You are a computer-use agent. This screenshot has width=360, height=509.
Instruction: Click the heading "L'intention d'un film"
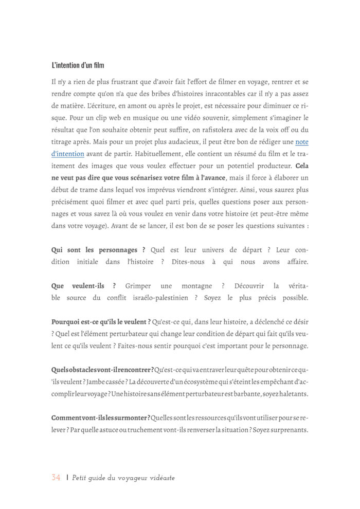click(x=78, y=65)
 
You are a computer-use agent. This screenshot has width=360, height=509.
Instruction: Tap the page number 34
click(x=56, y=478)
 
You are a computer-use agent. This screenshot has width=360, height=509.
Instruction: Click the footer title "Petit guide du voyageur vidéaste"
click(x=123, y=478)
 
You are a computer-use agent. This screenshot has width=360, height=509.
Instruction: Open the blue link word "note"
click(x=302, y=141)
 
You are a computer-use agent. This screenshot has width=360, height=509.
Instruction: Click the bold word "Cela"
click(x=299, y=166)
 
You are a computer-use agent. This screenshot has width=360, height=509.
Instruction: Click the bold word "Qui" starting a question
click(x=58, y=250)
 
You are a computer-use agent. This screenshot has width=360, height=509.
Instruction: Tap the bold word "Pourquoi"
click(x=67, y=322)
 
